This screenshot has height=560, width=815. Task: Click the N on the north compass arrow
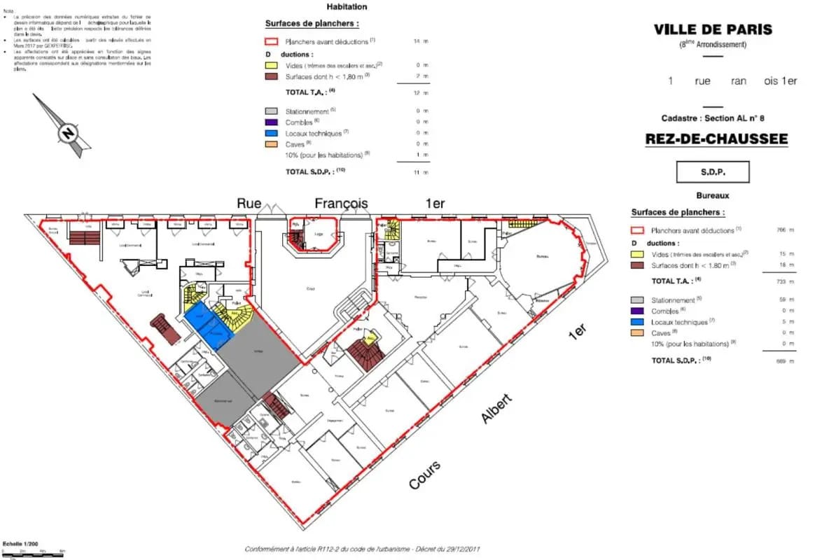(68, 132)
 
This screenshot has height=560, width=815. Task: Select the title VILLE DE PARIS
(713, 29)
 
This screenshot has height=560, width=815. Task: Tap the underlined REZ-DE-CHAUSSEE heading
(716, 139)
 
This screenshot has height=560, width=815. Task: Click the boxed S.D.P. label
(712, 171)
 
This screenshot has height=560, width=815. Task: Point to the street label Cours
(425, 475)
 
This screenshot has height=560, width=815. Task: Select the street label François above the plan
(341, 204)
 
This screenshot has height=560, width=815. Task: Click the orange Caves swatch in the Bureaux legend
(637, 332)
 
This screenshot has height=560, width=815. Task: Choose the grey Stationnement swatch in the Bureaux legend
(637, 300)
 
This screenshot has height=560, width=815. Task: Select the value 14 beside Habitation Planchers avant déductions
(417, 42)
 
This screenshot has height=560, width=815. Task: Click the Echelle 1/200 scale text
(20, 543)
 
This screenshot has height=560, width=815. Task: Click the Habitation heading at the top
(347, 7)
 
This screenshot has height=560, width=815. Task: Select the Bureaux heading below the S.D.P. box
(713, 196)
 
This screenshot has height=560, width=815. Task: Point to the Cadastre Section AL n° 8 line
(713, 119)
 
